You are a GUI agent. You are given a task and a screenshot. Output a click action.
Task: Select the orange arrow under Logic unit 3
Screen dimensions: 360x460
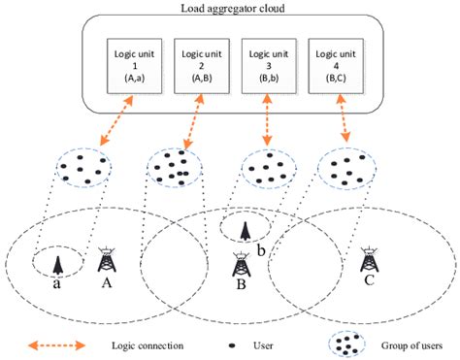point(267,121)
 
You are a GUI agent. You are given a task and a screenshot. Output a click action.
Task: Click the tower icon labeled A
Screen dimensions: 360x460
point(106,259)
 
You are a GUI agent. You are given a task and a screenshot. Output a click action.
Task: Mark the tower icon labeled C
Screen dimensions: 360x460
point(369,259)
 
